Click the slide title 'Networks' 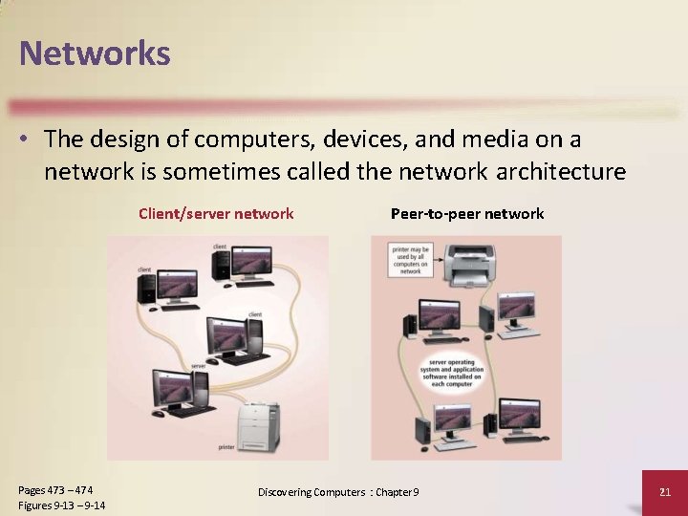(x=95, y=53)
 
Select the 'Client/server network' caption (x=216, y=214)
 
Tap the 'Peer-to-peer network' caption (x=467, y=214)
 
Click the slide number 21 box (x=665, y=492)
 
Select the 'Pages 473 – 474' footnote (x=54, y=490)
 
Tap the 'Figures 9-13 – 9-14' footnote (x=61, y=505)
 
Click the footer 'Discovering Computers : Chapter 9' (x=338, y=492)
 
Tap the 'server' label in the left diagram (x=198, y=366)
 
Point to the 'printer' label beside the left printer (x=226, y=446)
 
